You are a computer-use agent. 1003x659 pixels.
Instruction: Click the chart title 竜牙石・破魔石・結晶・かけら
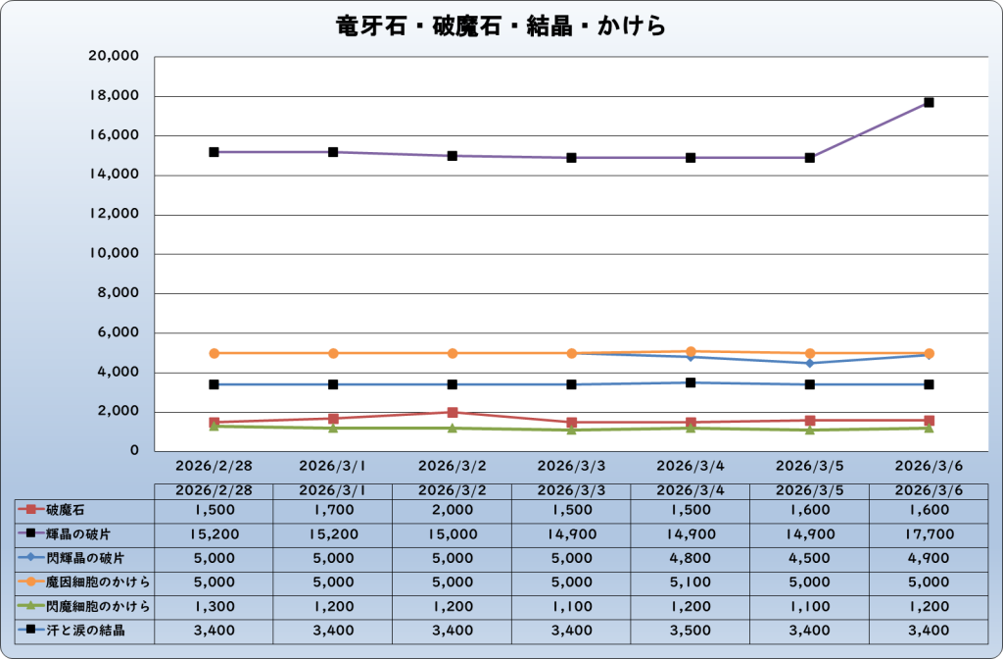[x=501, y=26]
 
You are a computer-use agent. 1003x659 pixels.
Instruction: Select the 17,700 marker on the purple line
[x=929, y=102]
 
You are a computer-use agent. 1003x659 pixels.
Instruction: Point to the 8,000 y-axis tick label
[x=119, y=293]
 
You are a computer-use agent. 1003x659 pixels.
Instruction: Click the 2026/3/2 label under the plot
[x=453, y=462]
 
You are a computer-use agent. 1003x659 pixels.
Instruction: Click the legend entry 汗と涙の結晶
[x=86, y=630]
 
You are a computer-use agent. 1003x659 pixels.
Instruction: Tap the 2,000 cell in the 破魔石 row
[x=453, y=510]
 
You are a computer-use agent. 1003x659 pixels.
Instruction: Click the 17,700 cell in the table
[x=929, y=534]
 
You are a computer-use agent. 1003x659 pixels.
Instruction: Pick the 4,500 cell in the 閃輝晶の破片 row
[x=809, y=558]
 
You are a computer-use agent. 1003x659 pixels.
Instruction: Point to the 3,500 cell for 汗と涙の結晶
[x=691, y=630]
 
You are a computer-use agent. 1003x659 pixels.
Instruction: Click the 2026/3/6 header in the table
[x=929, y=489]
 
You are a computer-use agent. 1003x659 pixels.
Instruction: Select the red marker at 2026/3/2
[x=453, y=413]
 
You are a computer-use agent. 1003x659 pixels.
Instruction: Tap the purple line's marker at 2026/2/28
[x=214, y=152]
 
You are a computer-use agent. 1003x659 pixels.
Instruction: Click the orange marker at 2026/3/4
[x=691, y=351]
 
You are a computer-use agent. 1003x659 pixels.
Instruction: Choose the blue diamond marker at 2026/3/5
[x=809, y=363]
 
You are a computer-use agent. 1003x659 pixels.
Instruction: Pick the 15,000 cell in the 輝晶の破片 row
[x=453, y=534]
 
